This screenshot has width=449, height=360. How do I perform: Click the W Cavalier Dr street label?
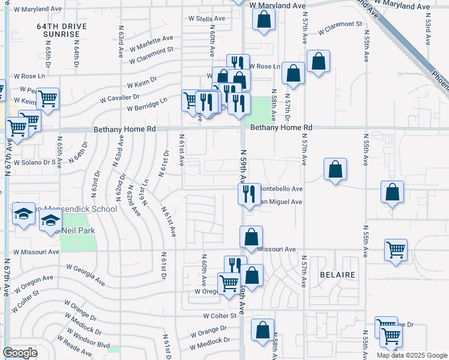click(119, 96)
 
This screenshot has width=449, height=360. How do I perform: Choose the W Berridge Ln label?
click(147, 104)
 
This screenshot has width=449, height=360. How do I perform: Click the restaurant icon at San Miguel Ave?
click(249, 194)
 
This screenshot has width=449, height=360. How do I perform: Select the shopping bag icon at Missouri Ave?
click(251, 236)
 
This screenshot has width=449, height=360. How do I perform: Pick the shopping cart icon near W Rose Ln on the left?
click(47, 98)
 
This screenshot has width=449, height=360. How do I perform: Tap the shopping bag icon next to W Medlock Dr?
click(262, 329)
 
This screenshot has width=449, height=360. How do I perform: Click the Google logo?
click(20, 353)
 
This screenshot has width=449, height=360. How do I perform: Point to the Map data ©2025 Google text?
click(412, 355)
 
